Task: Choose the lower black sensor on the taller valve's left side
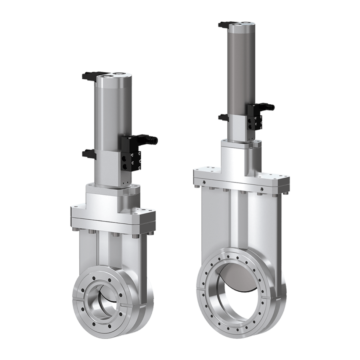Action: click(224, 118)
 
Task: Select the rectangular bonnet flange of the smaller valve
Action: click(114, 219)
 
